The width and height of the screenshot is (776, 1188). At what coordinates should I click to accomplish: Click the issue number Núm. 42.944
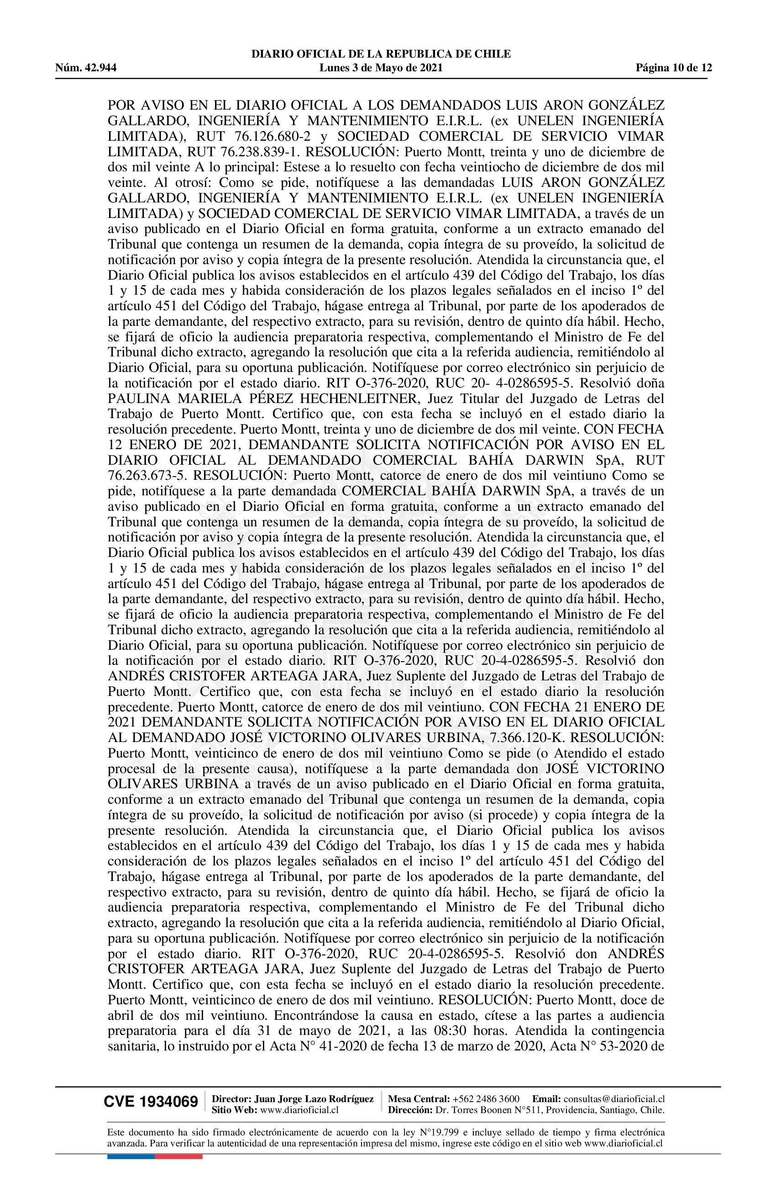(x=86, y=68)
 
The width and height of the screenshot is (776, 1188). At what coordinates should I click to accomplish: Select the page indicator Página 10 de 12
(x=673, y=68)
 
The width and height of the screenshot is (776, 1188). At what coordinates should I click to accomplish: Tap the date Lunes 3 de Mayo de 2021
(x=381, y=68)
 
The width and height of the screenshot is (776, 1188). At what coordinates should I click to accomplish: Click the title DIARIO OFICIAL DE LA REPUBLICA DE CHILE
(x=381, y=54)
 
